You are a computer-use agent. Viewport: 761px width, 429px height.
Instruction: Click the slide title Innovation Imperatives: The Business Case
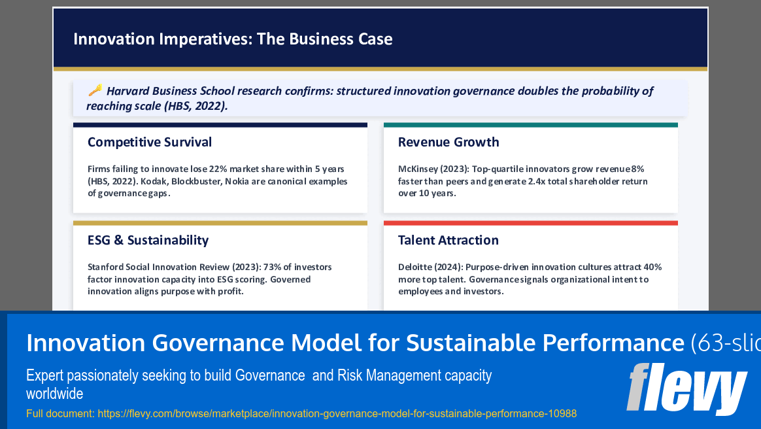pyautogui.click(x=233, y=39)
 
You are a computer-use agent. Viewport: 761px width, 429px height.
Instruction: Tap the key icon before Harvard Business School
pyautogui.click(x=95, y=90)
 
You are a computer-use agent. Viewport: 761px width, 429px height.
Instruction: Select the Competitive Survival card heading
pyautogui.click(x=150, y=142)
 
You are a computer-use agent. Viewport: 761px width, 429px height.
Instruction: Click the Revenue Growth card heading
pyautogui.click(x=448, y=142)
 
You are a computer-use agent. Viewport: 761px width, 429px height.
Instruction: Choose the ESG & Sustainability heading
pyautogui.click(x=148, y=240)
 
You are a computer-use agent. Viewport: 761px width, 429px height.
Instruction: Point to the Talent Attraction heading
pyautogui.click(x=448, y=240)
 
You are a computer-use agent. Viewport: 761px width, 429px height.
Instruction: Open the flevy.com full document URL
pyautogui.click(x=337, y=413)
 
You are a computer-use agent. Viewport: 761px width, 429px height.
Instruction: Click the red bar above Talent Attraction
pyautogui.click(x=530, y=223)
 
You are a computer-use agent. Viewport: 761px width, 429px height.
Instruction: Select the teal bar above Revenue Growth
pyautogui.click(x=530, y=125)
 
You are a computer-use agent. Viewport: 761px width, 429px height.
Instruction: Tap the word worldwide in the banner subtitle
pyautogui.click(x=54, y=394)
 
